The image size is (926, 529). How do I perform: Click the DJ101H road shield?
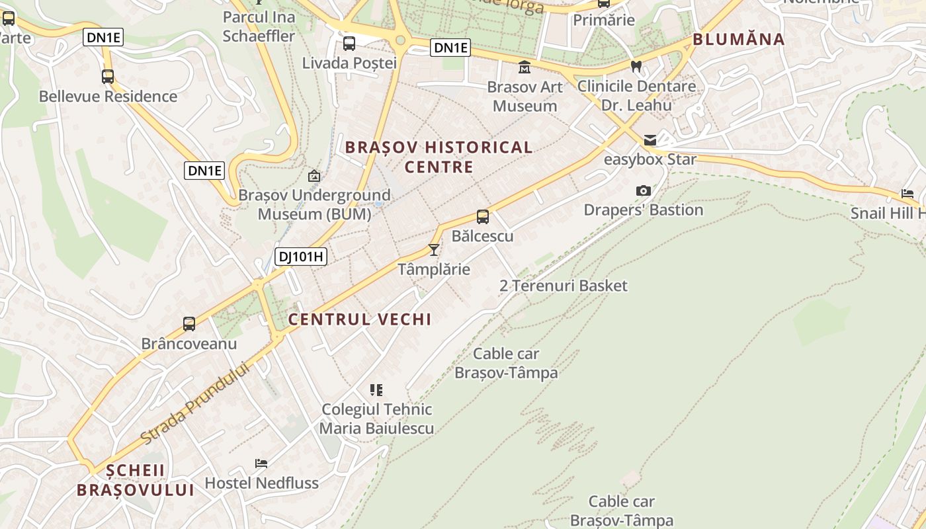click(301, 257)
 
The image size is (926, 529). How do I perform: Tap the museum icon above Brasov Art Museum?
click(525, 67)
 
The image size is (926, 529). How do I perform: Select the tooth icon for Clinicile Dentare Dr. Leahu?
click(636, 66)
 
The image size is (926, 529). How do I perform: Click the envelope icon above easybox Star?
click(650, 140)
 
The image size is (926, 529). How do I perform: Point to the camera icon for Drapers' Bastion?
click(643, 191)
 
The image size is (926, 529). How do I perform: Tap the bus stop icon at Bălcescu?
click(483, 216)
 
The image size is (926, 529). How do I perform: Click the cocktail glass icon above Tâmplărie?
click(434, 249)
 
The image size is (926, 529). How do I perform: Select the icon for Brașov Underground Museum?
click(314, 176)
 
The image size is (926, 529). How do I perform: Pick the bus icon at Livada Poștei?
click(349, 44)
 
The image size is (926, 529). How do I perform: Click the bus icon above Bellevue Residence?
click(108, 77)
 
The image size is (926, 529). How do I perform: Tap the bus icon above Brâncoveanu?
click(189, 324)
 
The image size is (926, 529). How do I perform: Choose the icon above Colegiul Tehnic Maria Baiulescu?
click(376, 390)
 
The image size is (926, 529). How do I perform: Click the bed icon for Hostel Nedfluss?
click(261, 464)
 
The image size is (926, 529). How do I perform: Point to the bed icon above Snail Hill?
click(907, 194)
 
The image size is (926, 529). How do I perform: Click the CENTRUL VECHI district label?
click(360, 319)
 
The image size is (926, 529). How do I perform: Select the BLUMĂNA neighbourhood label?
click(738, 39)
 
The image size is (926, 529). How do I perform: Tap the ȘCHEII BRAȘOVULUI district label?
click(135, 480)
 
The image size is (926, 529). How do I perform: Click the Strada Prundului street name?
click(198, 403)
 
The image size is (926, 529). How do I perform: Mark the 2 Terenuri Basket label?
click(564, 286)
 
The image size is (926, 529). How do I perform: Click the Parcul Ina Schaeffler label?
click(259, 26)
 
